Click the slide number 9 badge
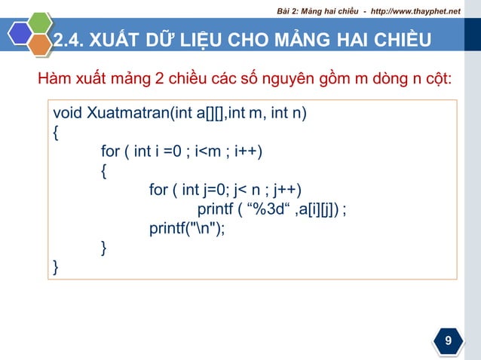pyautogui.click(x=449, y=341)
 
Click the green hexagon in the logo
pyautogui.click(x=38, y=24)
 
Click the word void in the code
pyautogui.click(x=68, y=114)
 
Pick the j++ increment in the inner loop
pyautogui.click(x=291, y=189)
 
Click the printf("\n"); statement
pyautogui.click(x=187, y=228)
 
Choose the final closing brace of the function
pyautogui.click(x=55, y=267)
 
